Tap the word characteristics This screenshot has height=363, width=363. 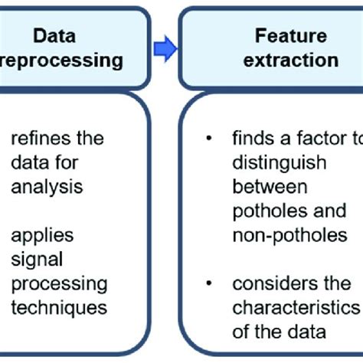(x=295, y=307)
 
